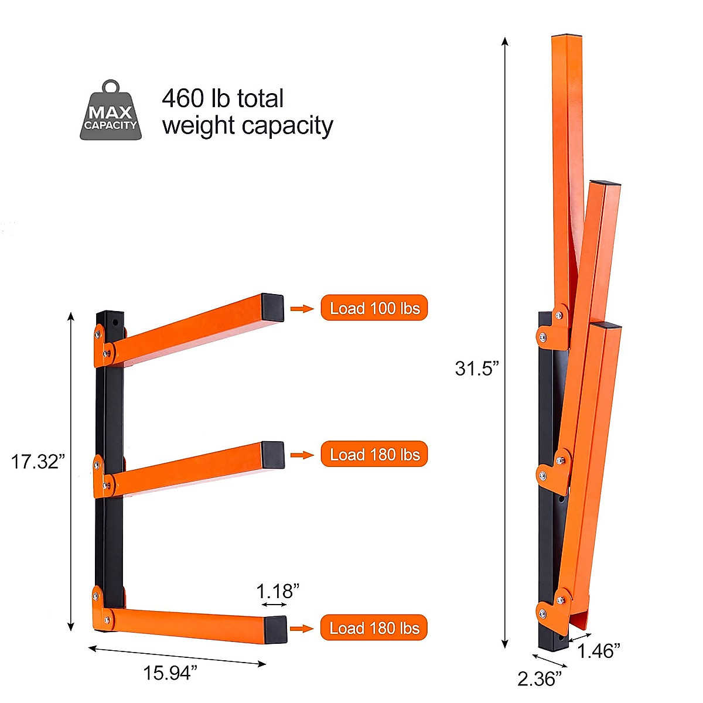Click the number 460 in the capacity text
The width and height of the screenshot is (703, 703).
[182, 98]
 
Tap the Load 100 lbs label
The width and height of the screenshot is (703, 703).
[374, 308]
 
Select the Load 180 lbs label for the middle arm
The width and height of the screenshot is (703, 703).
[374, 455]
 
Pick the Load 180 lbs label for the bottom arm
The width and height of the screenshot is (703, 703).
[374, 628]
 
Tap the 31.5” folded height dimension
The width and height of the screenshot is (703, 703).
[477, 368]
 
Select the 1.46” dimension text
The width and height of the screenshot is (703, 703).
[599, 650]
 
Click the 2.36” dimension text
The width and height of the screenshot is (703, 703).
[540, 678]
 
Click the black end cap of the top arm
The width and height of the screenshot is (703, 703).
[273, 308]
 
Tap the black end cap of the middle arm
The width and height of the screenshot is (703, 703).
[274, 455]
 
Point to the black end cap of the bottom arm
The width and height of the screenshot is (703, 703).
[275, 629]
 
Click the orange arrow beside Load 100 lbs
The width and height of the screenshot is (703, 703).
[302, 309]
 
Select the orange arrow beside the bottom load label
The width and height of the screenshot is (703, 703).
[302, 629]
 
